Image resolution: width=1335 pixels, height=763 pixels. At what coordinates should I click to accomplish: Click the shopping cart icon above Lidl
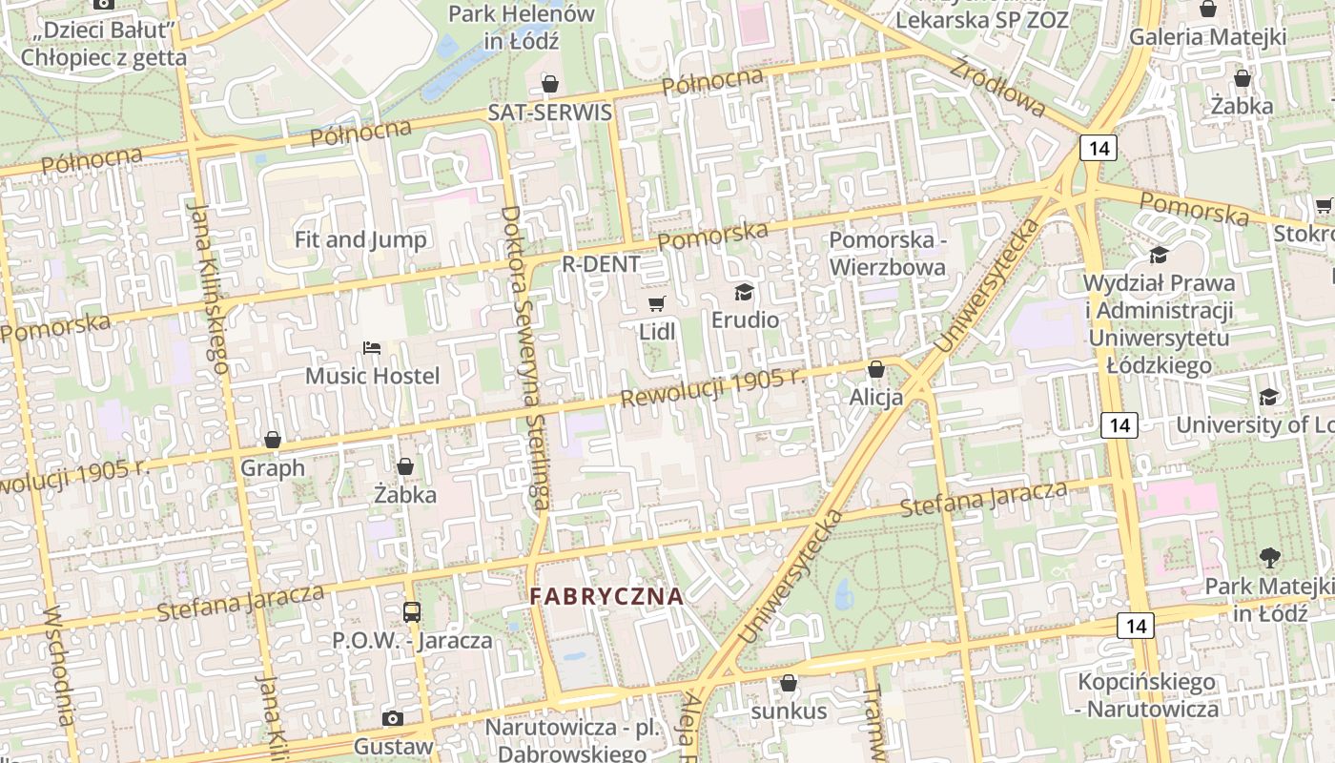656,303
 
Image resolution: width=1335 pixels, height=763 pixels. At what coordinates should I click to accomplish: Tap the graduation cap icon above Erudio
744,292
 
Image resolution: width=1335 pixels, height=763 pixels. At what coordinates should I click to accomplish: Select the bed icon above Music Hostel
372,348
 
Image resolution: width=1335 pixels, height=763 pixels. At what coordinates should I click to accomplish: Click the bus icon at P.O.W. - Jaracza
412,611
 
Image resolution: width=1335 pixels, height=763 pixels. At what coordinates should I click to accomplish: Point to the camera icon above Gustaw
392,718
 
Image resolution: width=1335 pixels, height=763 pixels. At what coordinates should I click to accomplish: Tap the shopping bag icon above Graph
273,440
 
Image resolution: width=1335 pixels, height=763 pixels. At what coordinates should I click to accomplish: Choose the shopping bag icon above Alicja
876,369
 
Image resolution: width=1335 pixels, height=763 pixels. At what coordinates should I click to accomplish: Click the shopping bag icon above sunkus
789,683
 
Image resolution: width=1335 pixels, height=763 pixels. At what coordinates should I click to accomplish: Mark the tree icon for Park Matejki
1269,557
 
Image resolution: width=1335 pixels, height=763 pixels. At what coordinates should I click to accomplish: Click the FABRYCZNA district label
607,597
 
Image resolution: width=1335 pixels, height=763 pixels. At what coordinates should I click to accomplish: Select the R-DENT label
601,264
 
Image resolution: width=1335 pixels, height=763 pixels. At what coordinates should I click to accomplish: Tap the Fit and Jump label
360,239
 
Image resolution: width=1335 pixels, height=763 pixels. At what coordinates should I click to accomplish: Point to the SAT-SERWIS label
550,112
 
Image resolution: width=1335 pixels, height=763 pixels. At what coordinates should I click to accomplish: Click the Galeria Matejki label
1208,37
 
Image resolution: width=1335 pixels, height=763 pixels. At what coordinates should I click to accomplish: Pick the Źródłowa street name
997,86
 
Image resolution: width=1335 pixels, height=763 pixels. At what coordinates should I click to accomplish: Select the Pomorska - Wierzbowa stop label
888,253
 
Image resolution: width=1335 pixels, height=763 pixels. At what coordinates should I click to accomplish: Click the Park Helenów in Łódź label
522,28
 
